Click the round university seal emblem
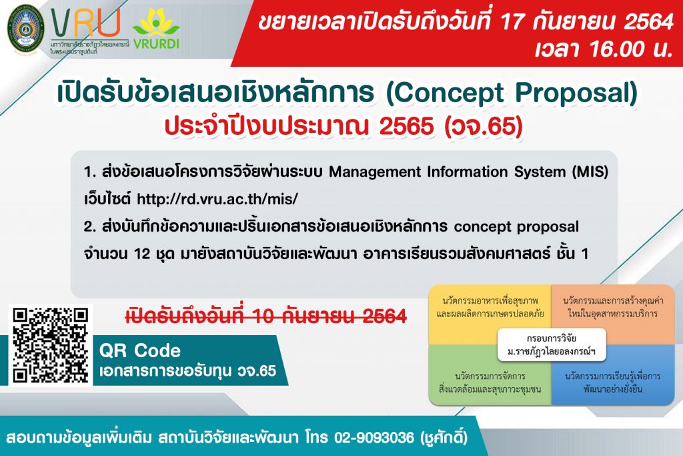(x=26, y=29)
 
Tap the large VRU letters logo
(x=85, y=23)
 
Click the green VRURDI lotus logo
(x=156, y=29)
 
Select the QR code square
(x=51, y=345)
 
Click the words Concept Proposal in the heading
(x=512, y=92)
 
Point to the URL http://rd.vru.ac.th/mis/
(x=217, y=199)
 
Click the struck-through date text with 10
(x=266, y=316)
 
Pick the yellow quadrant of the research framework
(x=490, y=314)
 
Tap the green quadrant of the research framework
(x=490, y=375)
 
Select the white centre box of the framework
(x=552, y=345)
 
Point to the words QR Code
(x=140, y=351)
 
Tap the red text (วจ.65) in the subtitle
(x=483, y=126)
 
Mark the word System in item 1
(x=540, y=172)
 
